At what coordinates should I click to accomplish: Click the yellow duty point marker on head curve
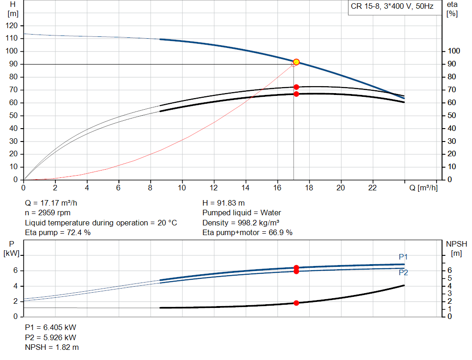coord(296,62)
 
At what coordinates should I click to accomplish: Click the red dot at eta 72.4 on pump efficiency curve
coord(296,87)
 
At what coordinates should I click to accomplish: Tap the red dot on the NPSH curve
coord(296,303)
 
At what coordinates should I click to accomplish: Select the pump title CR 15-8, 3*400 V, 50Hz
coord(392,7)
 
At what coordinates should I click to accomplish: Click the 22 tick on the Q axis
coord(372,188)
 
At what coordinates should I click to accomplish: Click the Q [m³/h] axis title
coord(423,188)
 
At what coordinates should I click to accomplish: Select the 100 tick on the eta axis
coord(454,51)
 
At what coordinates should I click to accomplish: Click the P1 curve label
coord(403,257)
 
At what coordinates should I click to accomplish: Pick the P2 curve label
coord(403,272)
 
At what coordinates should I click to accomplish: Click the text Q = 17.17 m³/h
coord(54,203)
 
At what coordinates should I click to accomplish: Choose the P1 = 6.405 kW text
coord(50,327)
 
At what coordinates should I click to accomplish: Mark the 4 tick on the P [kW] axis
coord(15,286)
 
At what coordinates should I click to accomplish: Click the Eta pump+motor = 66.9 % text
coord(248,232)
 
